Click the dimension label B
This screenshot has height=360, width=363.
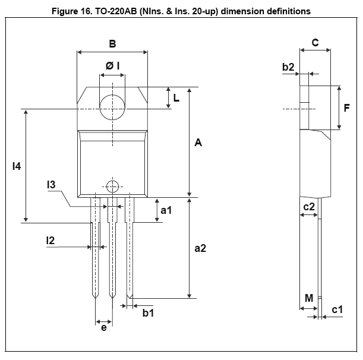coord(112,43)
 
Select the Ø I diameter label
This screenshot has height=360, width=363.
coord(113,66)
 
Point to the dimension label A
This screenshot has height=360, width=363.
coord(198,143)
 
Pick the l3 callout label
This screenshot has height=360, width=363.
coord(52,186)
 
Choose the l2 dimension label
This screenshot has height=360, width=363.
coord(51,240)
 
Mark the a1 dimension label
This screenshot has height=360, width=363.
coord(166,210)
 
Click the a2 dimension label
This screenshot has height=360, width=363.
coord(200,248)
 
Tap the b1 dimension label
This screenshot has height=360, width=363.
coord(148,313)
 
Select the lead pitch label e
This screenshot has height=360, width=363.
coord(104,327)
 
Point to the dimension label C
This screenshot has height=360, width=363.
coord(315,43)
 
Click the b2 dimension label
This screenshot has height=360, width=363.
coord(289,68)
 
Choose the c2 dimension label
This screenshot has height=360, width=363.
coord(309,207)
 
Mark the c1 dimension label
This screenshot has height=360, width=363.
coord(337,310)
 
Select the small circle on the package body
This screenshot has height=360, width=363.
coord(112,185)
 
